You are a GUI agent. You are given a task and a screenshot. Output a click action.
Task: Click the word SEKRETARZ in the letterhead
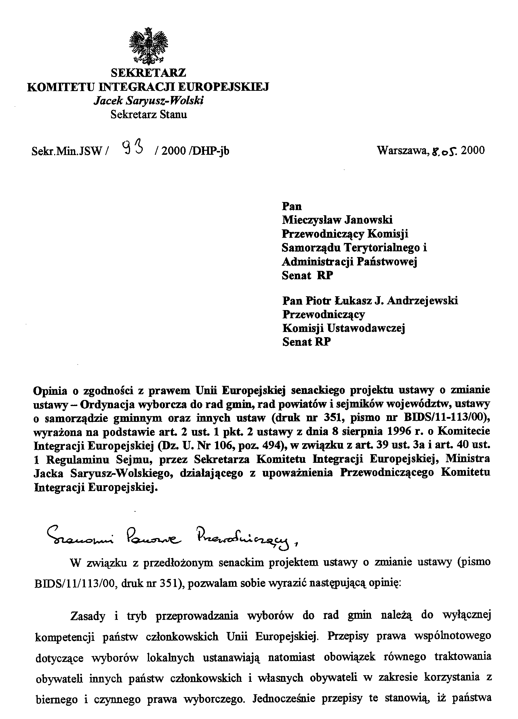pos(148,73)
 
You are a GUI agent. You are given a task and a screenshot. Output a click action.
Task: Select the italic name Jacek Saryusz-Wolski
pos(148,101)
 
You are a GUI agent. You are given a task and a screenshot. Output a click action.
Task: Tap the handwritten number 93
pos(132,148)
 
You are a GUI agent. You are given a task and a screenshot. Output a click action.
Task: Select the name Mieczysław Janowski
pos(337,220)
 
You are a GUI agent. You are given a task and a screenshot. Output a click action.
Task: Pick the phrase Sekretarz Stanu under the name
pos(148,114)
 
